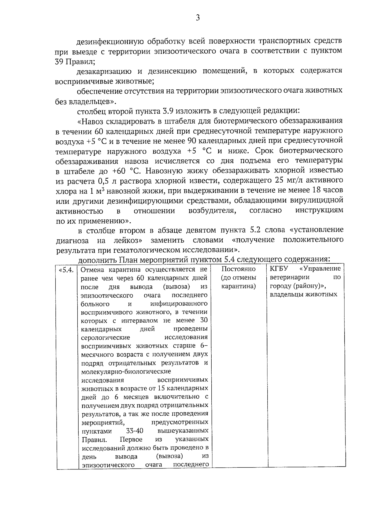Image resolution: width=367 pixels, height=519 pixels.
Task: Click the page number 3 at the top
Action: (x=198, y=18)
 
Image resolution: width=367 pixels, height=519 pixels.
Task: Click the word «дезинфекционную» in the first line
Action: (x=109, y=41)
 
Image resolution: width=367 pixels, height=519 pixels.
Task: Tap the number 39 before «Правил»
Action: (x=59, y=61)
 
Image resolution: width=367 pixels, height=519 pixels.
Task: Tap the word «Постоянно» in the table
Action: (x=238, y=269)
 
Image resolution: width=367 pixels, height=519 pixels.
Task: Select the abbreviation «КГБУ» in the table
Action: (x=278, y=269)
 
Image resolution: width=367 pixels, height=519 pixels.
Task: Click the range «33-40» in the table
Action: (x=135, y=431)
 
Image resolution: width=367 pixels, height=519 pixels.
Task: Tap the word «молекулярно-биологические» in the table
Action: (x=126, y=372)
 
